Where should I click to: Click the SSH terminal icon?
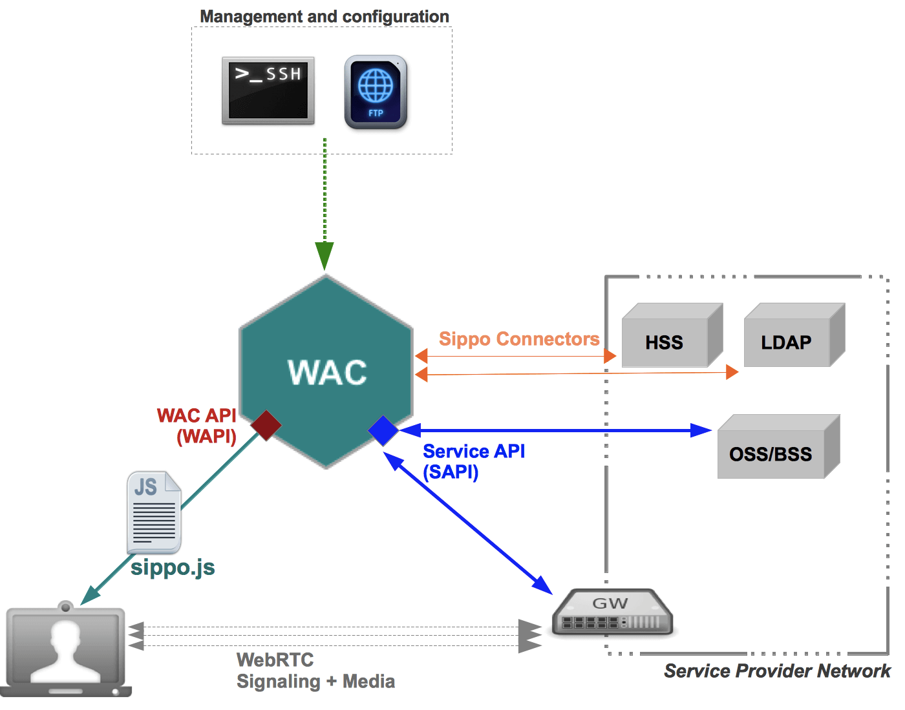pos(268,90)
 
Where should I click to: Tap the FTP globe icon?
pos(376,92)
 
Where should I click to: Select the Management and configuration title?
pos(325,16)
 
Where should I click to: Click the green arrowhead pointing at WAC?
pos(325,255)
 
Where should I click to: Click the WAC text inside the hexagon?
pos(327,373)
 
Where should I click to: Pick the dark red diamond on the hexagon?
pos(266,425)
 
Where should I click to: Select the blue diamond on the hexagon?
pos(383,431)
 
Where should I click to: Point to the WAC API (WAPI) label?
pos(197,426)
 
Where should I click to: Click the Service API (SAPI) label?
pos(473,461)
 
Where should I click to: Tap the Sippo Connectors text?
pos(519,339)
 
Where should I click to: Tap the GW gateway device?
pos(612,613)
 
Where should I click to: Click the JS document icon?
pos(154,512)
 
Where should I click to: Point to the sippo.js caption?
pos(173,568)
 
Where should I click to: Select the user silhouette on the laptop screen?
pos(65,651)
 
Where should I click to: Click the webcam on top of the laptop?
pos(65,607)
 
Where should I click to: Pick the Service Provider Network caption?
pos(776,671)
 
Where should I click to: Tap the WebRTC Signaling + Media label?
pos(315,671)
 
